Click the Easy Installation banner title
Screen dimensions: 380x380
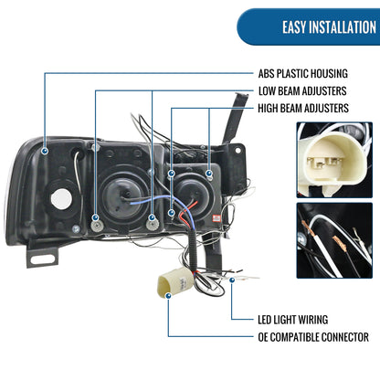coord(329,27)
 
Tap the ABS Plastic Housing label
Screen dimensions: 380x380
coord(303,73)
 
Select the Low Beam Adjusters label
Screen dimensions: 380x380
coord(302,90)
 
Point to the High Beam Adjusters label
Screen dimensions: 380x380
coord(303,108)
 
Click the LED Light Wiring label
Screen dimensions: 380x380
coord(293,320)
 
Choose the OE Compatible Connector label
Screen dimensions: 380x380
coord(313,337)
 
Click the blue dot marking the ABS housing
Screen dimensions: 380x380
coord(45,151)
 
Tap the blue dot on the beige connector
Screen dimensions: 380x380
coord(168,295)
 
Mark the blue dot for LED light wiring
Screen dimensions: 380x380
coord(232,280)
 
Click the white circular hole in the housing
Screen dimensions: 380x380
coord(61,199)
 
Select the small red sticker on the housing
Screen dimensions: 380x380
coord(216,218)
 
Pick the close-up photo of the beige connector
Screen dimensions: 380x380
coord(334,160)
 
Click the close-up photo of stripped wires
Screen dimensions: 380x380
coord(334,240)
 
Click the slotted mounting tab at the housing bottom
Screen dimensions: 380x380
coord(42,256)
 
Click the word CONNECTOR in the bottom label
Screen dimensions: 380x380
coord(345,337)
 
